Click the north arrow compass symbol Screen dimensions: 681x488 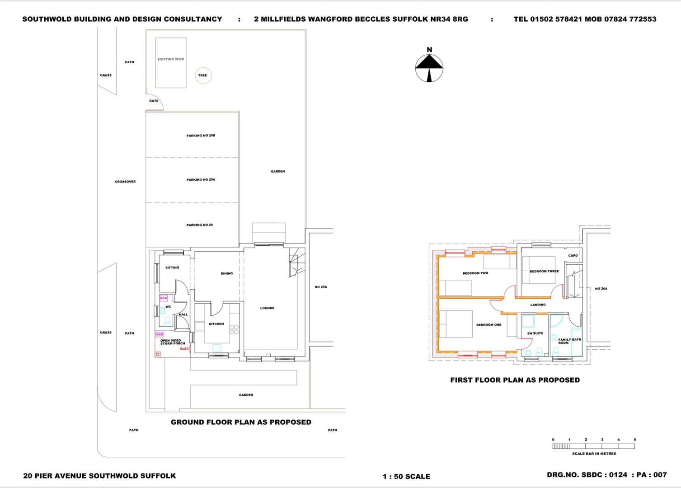click(x=429, y=68)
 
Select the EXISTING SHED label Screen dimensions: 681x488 click(x=171, y=59)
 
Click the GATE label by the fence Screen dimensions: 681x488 click(x=154, y=101)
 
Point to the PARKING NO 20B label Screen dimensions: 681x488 click(x=201, y=136)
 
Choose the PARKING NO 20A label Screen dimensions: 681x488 click(x=201, y=180)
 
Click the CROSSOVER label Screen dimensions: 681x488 click(x=125, y=182)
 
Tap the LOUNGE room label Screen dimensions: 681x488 click(x=267, y=308)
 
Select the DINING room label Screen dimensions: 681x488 click(x=227, y=273)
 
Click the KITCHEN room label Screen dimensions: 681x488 click(x=216, y=324)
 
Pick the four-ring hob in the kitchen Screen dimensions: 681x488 click(x=234, y=329)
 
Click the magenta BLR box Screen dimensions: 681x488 click(x=164, y=298)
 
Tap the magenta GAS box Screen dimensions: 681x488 click(x=160, y=334)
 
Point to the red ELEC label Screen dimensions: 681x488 click(x=184, y=348)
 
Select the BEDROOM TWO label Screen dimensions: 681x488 click(x=475, y=273)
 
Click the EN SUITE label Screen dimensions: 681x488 click(x=535, y=333)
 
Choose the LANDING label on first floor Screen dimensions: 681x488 click(x=538, y=305)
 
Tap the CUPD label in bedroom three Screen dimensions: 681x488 click(x=573, y=255)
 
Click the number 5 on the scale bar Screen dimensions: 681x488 click(x=635, y=440)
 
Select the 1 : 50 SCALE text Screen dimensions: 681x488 click(x=406, y=476)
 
